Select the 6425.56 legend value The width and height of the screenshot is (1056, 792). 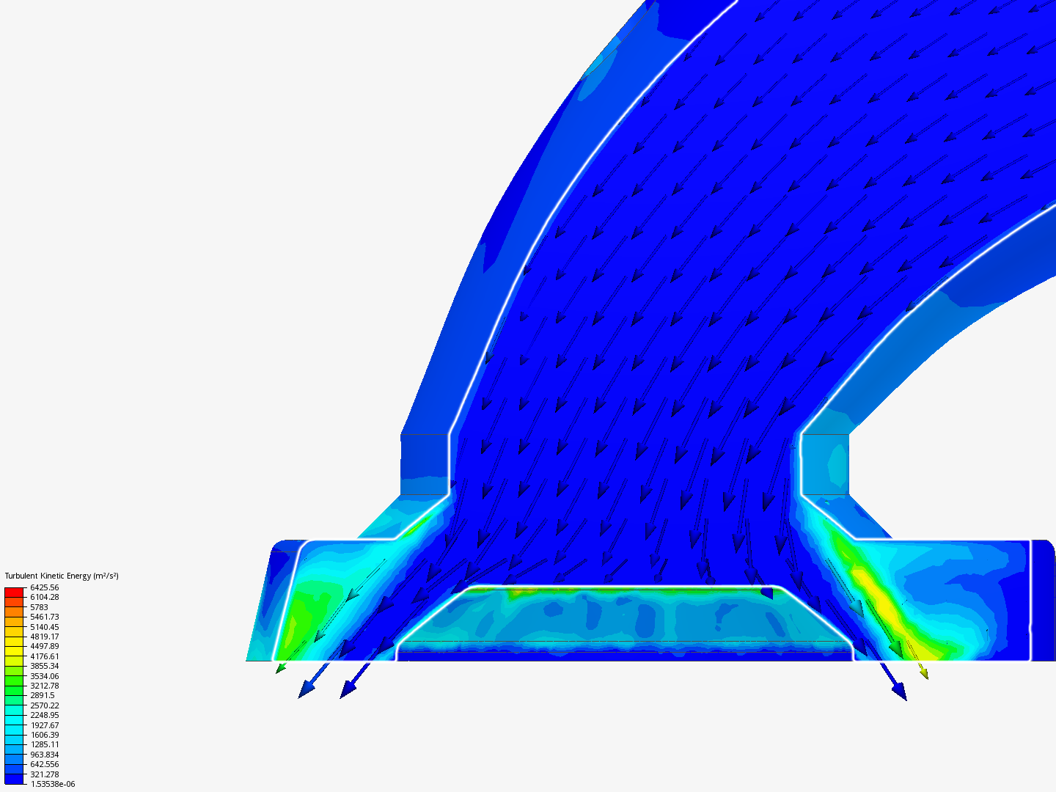tap(44, 587)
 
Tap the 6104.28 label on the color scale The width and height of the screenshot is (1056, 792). tap(44, 597)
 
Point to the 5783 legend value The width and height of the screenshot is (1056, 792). tap(39, 607)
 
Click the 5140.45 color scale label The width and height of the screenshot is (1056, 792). tap(44, 626)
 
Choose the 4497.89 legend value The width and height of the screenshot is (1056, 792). tap(44, 646)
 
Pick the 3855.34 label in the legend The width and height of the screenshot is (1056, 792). tap(44, 666)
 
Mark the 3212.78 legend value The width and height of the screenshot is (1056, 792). tap(44, 685)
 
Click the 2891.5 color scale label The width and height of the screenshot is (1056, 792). tap(43, 695)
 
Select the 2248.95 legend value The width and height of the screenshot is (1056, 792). tap(44, 714)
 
